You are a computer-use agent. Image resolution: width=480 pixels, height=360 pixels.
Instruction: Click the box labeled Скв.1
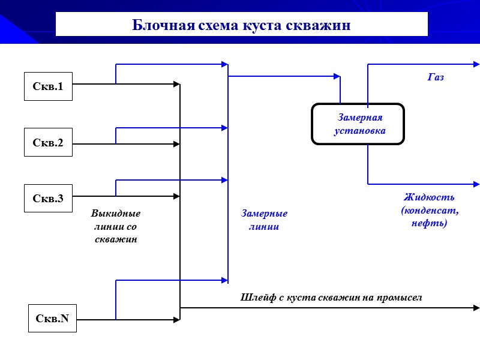tap(48, 86)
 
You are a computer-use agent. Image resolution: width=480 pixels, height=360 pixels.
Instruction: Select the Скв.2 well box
tap(48, 142)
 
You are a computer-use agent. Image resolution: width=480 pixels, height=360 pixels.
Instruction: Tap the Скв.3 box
tap(48, 198)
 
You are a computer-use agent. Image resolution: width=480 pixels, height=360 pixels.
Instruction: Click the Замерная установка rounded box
tap(358, 124)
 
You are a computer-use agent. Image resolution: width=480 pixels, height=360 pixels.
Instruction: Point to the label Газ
tap(436, 77)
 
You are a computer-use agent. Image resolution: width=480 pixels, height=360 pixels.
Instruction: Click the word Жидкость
tap(429, 197)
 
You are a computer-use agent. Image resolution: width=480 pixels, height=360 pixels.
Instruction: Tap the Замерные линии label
tap(264, 220)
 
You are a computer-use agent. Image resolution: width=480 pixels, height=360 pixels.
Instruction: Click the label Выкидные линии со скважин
tap(116, 226)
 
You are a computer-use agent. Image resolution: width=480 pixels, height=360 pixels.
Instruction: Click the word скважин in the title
tap(320, 26)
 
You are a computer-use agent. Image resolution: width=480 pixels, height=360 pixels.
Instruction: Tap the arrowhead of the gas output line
tap(476, 64)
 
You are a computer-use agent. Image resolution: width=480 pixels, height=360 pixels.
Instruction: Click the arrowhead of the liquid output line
tap(476, 184)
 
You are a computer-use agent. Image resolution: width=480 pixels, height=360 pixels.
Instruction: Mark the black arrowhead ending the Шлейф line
tap(476, 308)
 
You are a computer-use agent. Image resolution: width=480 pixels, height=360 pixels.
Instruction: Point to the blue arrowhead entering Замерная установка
tap(337, 76)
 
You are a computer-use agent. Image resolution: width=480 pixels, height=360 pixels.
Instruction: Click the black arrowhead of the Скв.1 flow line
tap(177, 84)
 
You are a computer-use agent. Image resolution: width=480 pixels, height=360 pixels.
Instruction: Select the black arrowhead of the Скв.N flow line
tap(177, 320)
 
